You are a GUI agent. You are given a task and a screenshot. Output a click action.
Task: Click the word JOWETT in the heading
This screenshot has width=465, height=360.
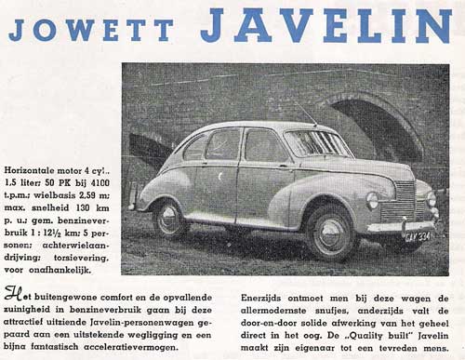[90, 30]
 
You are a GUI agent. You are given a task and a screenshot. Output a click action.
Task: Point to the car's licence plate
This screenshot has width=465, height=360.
[418, 236]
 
